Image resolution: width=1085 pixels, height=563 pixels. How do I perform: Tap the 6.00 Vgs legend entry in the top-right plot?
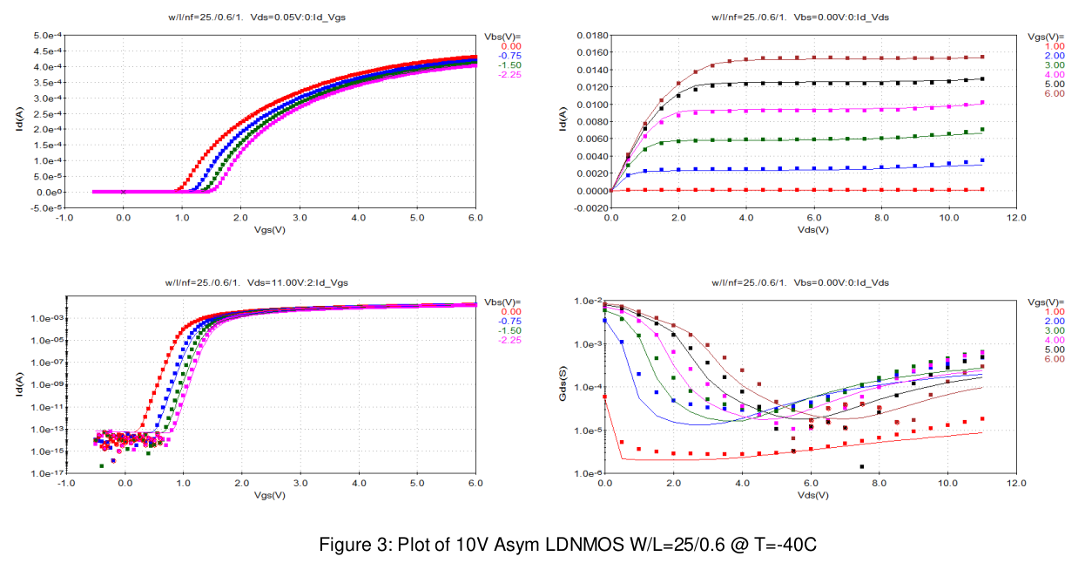click(1054, 93)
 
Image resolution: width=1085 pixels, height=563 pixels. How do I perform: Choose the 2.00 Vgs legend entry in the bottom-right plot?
click(1054, 321)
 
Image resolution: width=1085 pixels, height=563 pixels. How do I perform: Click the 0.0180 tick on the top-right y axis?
click(583, 35)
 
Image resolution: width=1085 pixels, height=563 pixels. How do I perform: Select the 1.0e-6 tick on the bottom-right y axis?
click(583, 473)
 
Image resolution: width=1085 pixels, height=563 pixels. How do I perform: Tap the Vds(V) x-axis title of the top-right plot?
click(812, 230)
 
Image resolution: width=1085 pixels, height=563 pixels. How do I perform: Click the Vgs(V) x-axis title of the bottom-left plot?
click(270, 495)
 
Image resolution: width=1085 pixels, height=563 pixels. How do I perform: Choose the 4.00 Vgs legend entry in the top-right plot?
click(1054, 75)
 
